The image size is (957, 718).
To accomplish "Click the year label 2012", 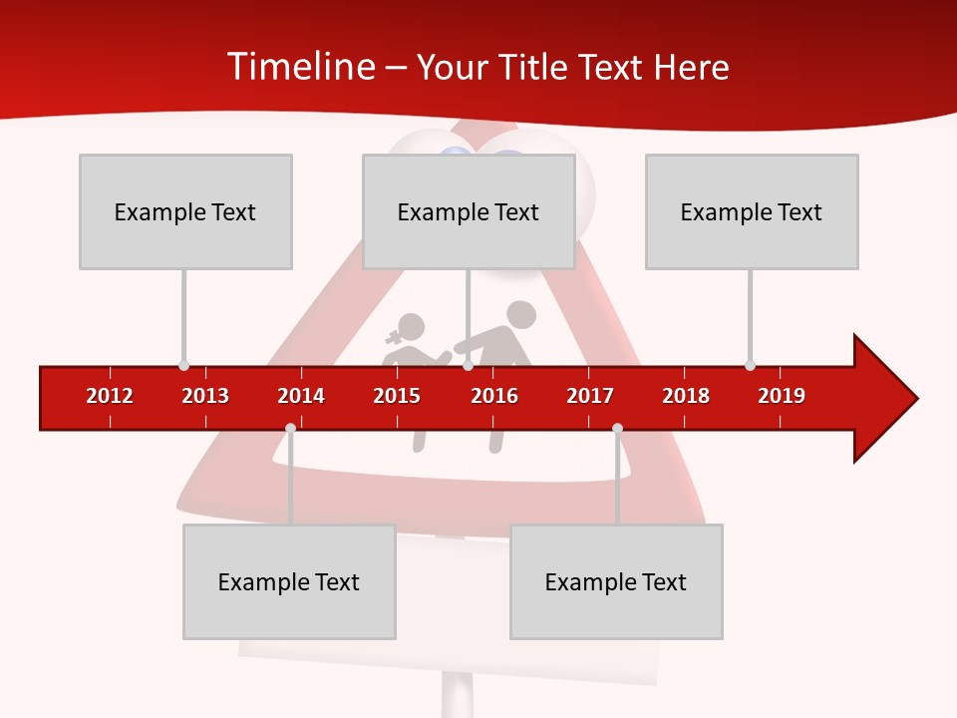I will click(x=110, y=396).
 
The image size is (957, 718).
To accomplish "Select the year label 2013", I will click(x=205, y=396).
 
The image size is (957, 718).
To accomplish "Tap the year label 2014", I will click(x=301, y=396).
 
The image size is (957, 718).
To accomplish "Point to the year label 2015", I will click(x=397, y=396).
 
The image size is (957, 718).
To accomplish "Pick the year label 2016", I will click(x=494, y=396).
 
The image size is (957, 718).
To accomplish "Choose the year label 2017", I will click(x=590, y=396).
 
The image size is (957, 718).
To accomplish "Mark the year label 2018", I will click(x=686, y=396).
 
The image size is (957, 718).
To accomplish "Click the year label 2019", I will click(x=782, y=396).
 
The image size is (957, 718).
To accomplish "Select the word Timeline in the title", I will click(x=299, y=67).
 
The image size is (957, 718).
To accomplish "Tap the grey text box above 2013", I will click(x=185, y=211).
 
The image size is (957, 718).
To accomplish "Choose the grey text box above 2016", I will click(x=469, y=211).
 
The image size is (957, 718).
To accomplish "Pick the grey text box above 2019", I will click(x=752, y=211).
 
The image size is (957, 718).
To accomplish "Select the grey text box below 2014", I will click(x=289, y=581).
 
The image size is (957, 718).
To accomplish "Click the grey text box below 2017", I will click(x=616, y=581).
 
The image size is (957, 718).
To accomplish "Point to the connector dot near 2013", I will click(x=183, y=366).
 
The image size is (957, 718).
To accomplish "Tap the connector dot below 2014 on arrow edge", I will click(x=290, y=429).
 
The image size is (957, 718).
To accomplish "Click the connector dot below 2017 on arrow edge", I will click(x=617, y=429).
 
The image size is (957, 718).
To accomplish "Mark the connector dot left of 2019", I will click(x=750, y=366).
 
